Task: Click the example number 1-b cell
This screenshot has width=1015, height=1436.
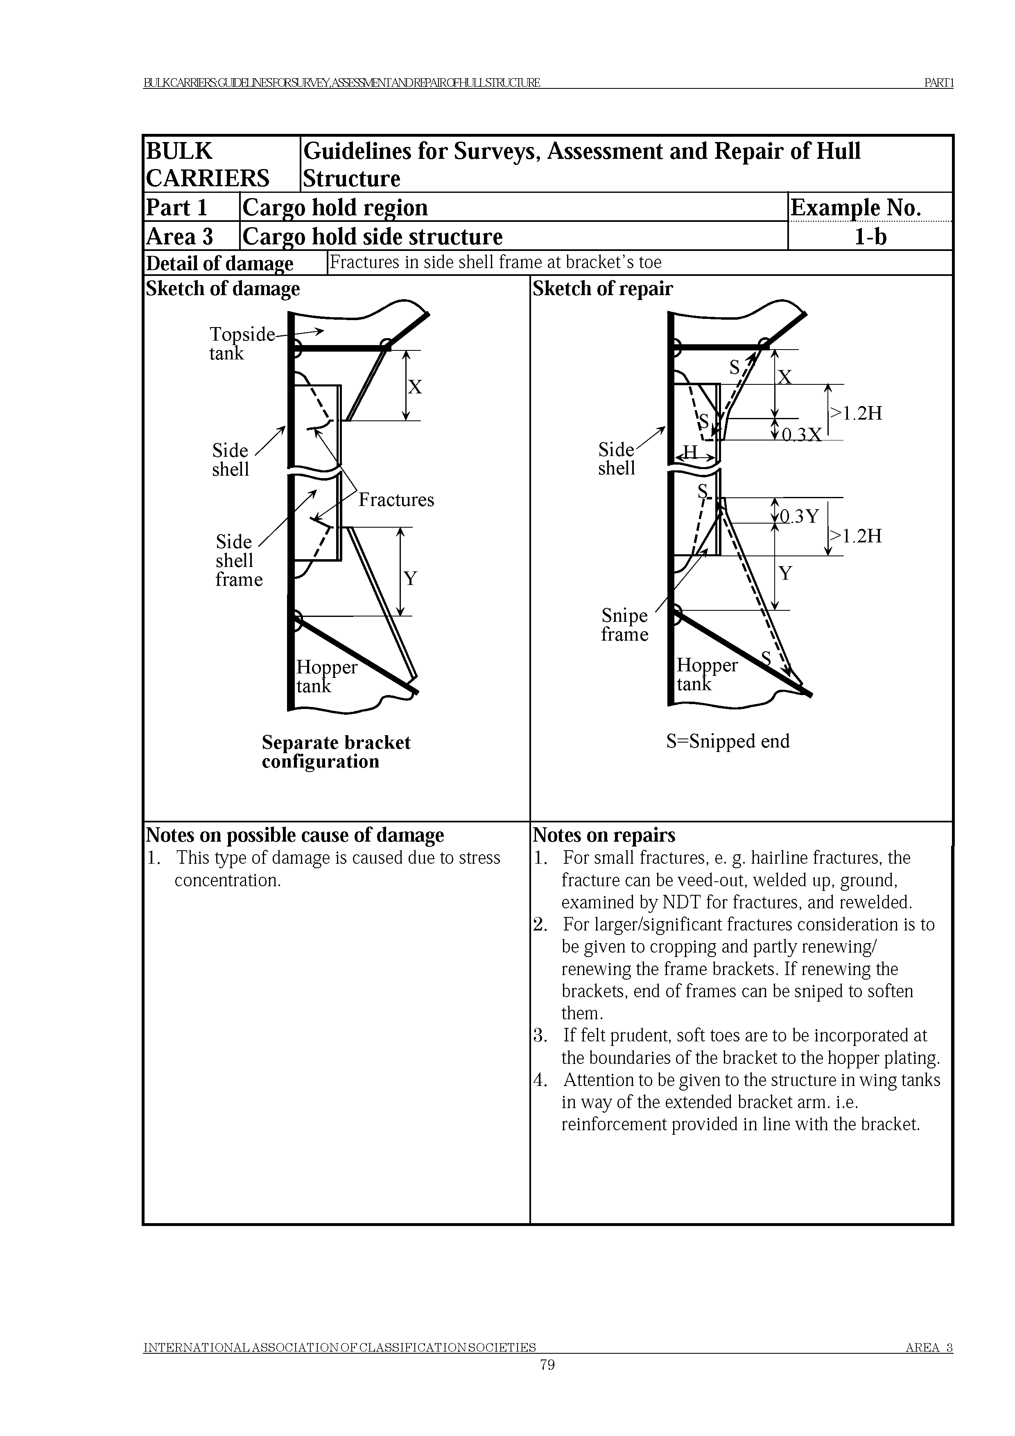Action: (x=870, y=237)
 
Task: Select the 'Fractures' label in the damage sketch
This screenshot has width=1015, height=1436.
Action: (x=396, y=500)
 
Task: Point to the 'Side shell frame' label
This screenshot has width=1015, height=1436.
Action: (x=238, y=560)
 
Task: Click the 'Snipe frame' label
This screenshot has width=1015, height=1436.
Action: (x=624, y=625)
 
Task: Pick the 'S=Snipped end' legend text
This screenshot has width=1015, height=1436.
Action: (x=727, y=741)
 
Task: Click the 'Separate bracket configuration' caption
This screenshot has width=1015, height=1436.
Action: (x=336, y=752)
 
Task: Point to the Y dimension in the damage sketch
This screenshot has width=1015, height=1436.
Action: (x=409, y=578)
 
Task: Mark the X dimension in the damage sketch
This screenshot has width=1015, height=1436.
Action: (x=415, y=387)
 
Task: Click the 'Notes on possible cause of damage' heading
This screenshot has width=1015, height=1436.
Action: (x=294, y=835)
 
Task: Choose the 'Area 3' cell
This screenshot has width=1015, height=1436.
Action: (x=179, y=237)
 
